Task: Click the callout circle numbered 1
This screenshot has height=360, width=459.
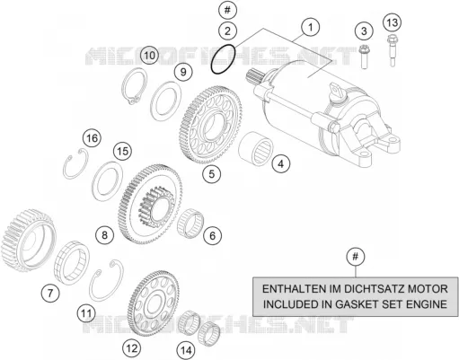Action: [311, 27]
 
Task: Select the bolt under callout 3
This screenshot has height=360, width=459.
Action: [364, 57]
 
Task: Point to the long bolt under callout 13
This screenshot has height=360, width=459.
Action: [392, 50]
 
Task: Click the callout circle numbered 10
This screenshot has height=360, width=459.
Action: [150, 55]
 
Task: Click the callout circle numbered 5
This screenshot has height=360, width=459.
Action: [211, 173]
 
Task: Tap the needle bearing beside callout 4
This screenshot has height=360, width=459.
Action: [255, 149]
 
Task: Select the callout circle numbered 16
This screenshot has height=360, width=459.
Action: [92, 138]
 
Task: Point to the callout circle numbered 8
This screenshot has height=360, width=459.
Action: [104, 235]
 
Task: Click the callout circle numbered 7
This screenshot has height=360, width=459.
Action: [50, 293]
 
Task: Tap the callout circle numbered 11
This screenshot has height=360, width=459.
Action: [86, 313]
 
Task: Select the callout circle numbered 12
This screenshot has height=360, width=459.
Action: [132, 348]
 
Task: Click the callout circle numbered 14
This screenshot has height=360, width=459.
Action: [186, 350]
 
